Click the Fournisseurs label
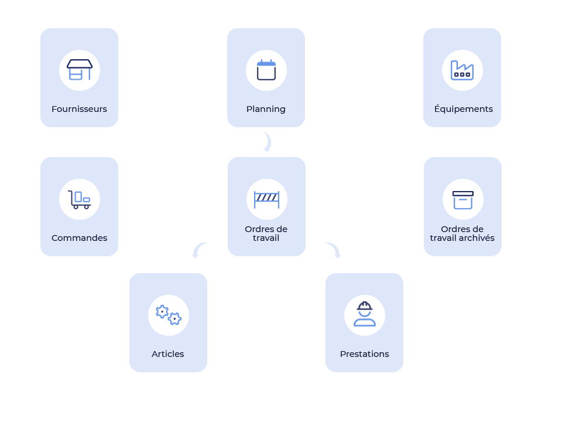(79, 109)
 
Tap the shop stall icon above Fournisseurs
(80, 70)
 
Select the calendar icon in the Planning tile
(266, 70)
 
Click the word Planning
(266, 109)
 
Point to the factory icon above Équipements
(462, 70)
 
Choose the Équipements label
(463, 109)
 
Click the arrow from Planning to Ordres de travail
(268, 142)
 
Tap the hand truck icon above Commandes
(79, 199)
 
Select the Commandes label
(79, 238)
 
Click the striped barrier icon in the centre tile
(266, 199)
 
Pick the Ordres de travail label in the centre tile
(266, 233)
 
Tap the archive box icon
(462, 199)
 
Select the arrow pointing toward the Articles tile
(198, 250)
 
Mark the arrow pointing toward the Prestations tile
(334, 250)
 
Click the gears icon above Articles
(169, 315)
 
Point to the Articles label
(168, 354)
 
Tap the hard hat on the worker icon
(365, 306)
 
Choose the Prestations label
(364, 354)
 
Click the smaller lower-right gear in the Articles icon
(174, 319)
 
